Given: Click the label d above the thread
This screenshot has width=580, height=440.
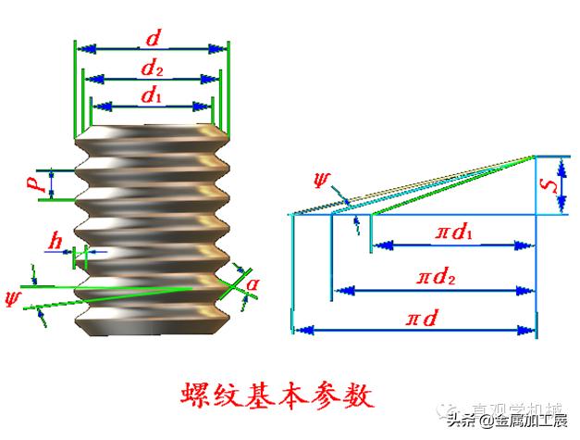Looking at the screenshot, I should [152, 39].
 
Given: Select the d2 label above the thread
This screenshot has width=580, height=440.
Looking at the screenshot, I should [153, 69].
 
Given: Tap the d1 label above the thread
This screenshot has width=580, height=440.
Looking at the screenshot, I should [152, 94].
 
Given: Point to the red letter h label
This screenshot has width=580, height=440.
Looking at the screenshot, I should [58, 243].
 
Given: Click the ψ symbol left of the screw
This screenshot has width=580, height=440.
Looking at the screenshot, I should [12, 297].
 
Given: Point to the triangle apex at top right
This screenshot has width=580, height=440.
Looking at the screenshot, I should [536, 156].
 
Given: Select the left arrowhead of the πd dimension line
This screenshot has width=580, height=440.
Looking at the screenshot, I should [299, 329].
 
